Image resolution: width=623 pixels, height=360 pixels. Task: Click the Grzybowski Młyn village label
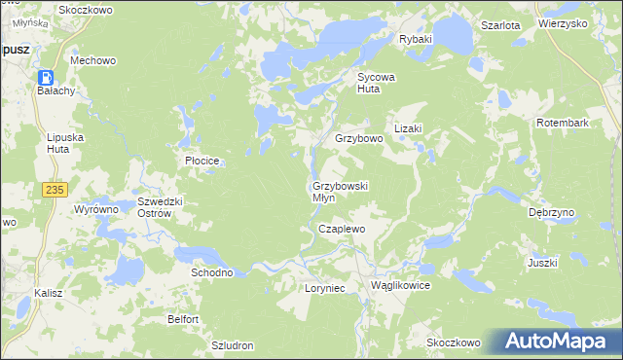[338, 191]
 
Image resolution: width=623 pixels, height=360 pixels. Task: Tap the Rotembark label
[565, 123]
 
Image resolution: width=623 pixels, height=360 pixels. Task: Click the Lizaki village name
[407, 128]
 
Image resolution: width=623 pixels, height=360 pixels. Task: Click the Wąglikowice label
[400, 286]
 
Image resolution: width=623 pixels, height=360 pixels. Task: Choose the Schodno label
[211, 272]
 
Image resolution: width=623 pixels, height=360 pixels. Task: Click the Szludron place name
[233, 345]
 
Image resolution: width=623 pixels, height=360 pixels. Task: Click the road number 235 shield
[54, 190]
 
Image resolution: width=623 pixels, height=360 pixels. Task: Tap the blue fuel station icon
[46, 77]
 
